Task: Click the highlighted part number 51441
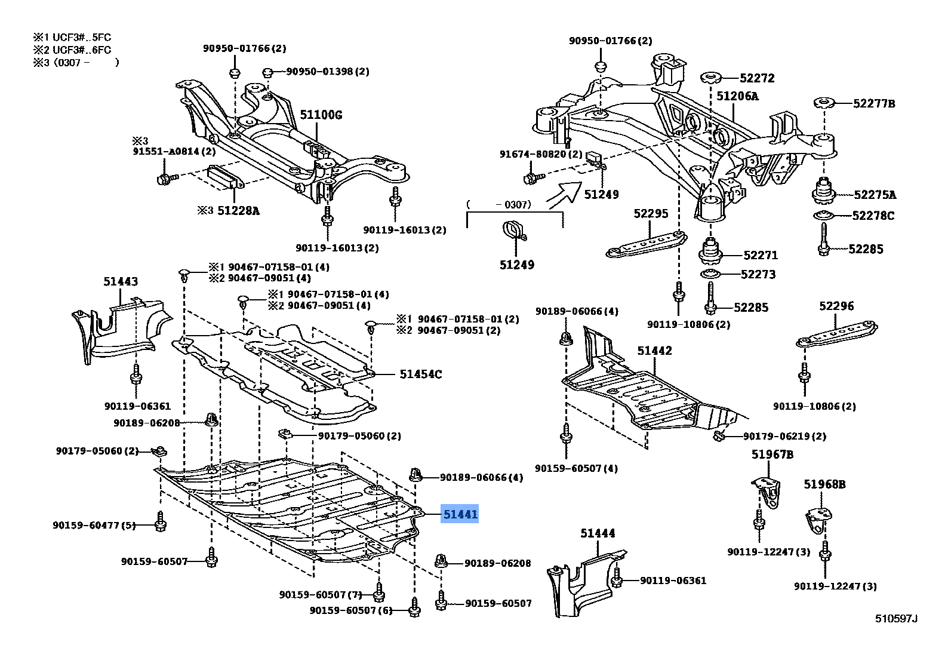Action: pos(460,514)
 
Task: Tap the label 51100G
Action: pos(321,115)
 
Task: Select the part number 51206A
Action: pos(738,96)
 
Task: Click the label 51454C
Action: pos(421,374)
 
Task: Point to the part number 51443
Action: pos(121,281)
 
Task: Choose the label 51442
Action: pos(655,351)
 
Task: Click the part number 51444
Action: pos(598,533)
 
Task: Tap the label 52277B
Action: pos(874,103)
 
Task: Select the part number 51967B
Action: pos(772,454)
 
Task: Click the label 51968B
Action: pos(825,484)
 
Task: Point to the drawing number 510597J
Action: pos(897,618)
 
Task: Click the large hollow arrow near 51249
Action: pos(564,195)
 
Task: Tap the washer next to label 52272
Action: pos(711,78)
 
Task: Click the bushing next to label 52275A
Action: pos(823,191)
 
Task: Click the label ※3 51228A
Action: pos(229,210)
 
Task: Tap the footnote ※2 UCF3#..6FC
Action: pos(72,50)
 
